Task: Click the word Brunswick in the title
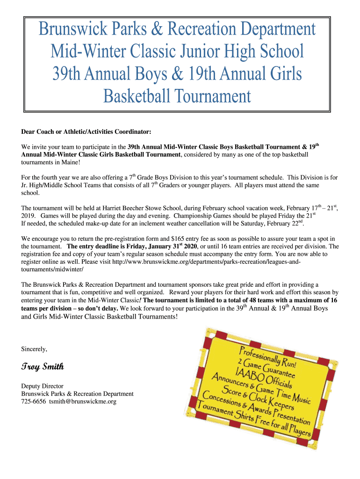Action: [x=70, y=30]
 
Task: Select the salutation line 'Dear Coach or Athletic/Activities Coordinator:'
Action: [x=86, y=132]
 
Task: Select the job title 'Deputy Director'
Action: [x=42, y=386]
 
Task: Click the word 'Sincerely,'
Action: [x=34, y=348]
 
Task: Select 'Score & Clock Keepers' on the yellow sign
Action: [x=261, y=399]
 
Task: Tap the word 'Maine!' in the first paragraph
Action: [x=71, y=162]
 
